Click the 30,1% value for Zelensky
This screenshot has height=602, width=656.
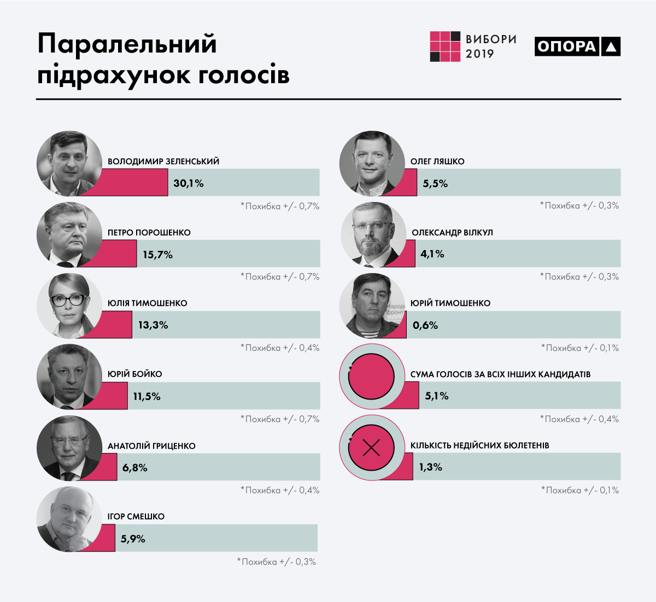(x=188, y=183)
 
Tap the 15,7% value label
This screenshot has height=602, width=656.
(x=157, y=254)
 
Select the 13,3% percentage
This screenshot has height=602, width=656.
(x=153, y=325)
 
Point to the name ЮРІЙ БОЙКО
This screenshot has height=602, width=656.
(x=134, y=374)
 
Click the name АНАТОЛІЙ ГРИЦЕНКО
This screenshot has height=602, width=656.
(x=151, y=446)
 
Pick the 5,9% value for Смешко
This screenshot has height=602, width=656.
(x=133, y=539)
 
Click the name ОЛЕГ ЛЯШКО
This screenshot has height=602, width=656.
(x=437, y=161)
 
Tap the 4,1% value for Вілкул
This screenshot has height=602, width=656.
(x=432, y=254)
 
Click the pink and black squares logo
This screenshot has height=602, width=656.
(x=445, y=47)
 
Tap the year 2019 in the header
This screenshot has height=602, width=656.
(x=479, y=54)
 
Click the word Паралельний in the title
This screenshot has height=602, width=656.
(x=127, y=44)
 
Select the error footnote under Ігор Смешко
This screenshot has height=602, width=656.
(x=277, y=562)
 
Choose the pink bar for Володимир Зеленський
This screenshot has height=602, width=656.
(x=134, y=183)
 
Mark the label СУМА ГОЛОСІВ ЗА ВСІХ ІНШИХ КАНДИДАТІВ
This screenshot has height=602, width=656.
(x=500, y=374)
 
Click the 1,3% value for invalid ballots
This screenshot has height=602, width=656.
(x=430, y=467)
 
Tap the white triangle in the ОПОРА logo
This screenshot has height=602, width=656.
(x=611, y=48)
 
